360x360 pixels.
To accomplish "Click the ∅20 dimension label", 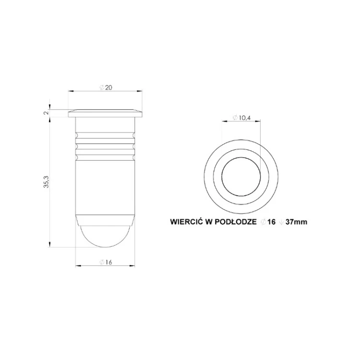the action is click(106, 87).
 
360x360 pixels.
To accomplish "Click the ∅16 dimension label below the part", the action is click(106, 262).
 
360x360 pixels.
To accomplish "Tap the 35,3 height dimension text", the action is click(47, 182).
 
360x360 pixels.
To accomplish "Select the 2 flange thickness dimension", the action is click(46, 113).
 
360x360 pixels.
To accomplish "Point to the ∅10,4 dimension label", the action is click(241, 118).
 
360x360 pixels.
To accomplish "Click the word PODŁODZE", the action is click(236, 222).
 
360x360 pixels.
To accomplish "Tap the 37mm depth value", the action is click(296, 222).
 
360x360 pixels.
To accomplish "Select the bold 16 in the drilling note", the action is click(271, 222).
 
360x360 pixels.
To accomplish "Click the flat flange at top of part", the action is click(105, 114).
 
